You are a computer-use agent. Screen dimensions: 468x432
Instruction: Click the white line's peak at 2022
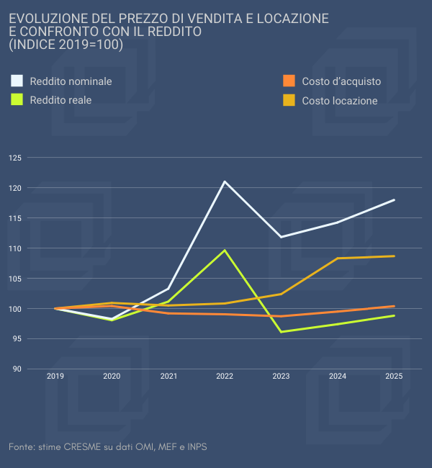(225, 181)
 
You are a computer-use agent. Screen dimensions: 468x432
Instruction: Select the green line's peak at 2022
(225, 251)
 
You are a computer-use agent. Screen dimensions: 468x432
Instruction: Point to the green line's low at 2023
(281, 331)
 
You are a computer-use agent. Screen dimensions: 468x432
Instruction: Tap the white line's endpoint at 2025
(394, 199)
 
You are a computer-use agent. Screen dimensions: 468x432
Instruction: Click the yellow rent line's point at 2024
(338, 258)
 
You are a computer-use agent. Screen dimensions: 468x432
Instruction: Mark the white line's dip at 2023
(281, 237)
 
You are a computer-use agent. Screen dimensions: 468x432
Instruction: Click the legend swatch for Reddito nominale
(17, 81)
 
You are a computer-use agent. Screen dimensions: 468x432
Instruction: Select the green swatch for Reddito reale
(17, 99)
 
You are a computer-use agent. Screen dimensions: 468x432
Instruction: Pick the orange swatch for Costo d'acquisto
(289, 81)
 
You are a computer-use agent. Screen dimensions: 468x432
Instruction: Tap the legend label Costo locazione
(340, 101)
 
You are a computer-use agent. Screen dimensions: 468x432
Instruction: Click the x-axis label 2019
(55, 376)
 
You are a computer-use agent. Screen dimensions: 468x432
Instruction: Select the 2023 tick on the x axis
(281, 376)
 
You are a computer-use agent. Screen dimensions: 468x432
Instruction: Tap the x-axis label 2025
(394, 376)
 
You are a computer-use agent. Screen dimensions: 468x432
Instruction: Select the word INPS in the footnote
(196, 447)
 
